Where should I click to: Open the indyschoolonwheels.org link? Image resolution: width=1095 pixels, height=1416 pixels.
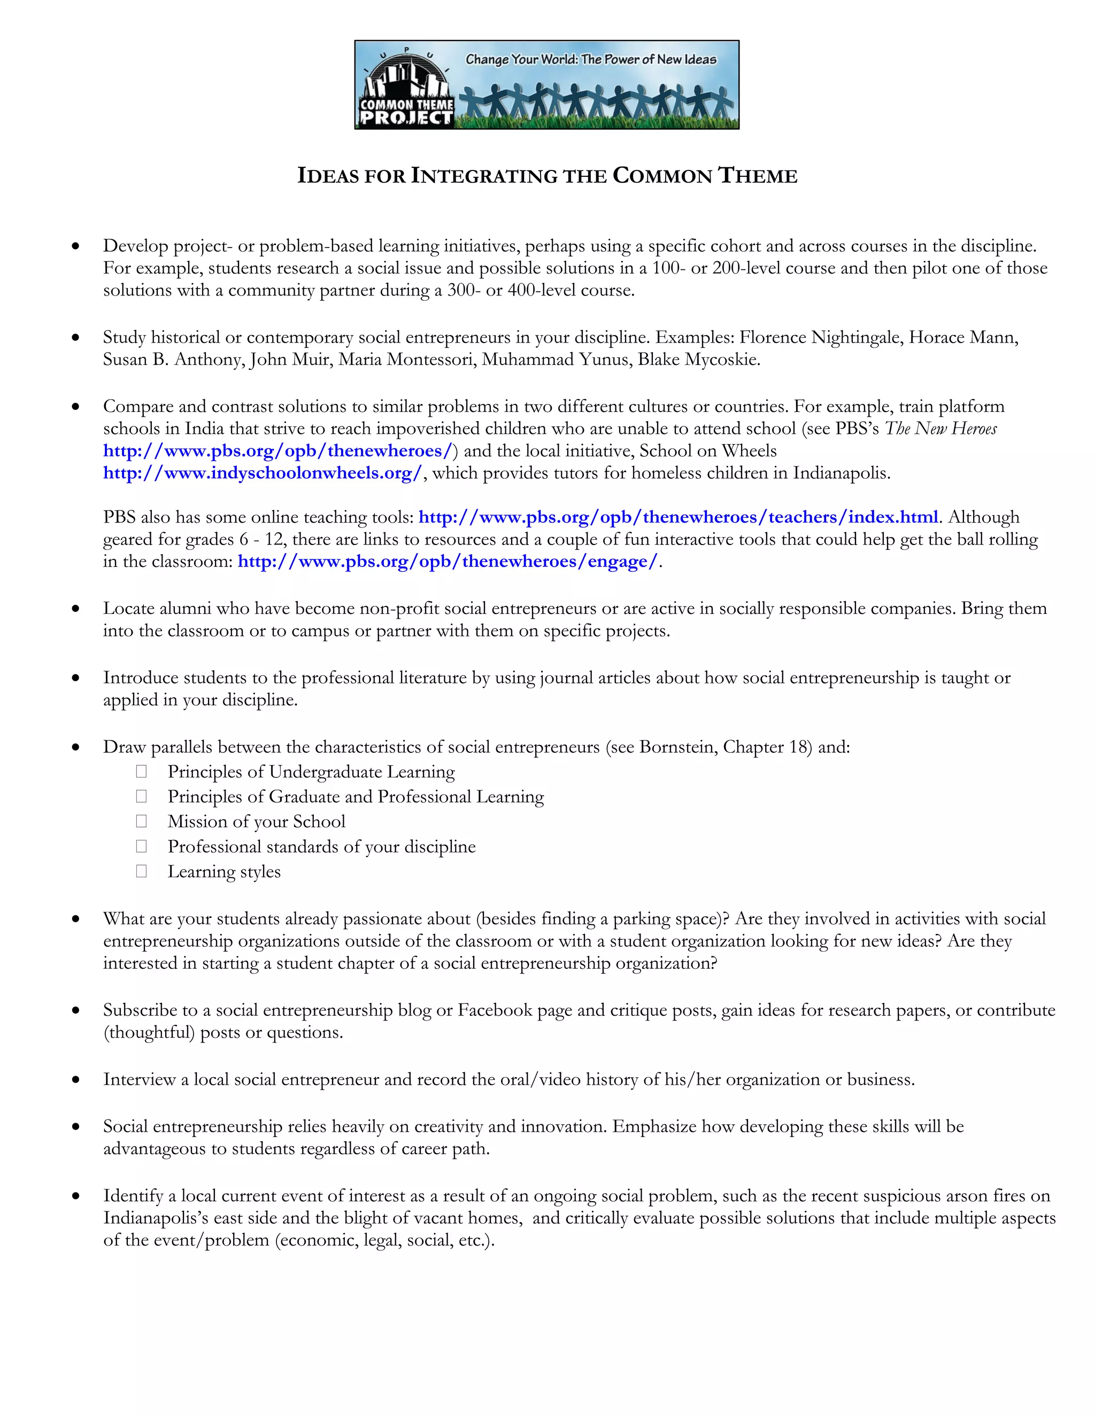tap(263, 473)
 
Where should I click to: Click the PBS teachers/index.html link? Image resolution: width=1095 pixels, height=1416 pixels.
tap(678, 517)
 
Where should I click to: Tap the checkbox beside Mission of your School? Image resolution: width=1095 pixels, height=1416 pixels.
tap(141, 821)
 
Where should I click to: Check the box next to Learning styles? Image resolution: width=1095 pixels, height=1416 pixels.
tap(141, 871)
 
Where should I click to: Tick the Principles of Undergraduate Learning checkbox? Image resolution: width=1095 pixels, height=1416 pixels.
tap(141, 771)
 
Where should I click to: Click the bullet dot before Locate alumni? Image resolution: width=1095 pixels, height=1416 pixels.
tap(76, 609)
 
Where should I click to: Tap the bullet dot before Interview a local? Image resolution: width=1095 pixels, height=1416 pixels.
tap(76, 1079)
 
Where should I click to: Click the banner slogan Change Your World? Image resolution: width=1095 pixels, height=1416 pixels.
tap(590, 59)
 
